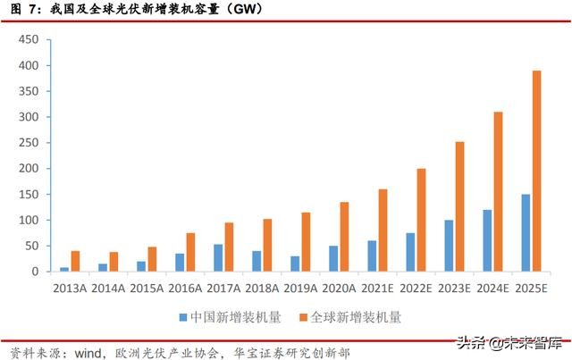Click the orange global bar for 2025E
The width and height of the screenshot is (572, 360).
click(x=537, y=171)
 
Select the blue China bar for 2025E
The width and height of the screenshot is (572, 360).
click(x=526, y=232)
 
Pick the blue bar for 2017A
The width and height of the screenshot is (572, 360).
click(x=218, y=257)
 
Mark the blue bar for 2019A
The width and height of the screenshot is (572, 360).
click(x=295, y=264)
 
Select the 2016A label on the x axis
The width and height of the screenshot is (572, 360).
click(x=184, y=288)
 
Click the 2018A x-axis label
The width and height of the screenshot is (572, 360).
click(x=261, y=288)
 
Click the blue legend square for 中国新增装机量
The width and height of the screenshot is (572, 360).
click(x=183, y=316)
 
